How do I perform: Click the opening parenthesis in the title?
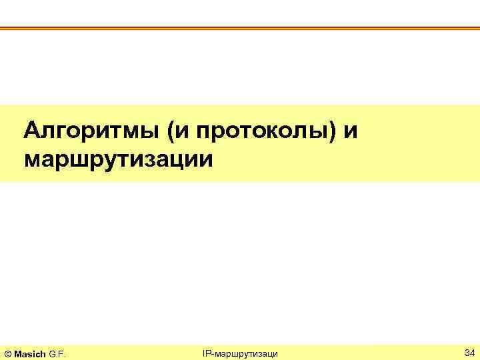(173, 131)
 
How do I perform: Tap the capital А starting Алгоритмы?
(31, 131)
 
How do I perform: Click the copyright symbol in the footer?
(8, 352)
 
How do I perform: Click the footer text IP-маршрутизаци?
(240, 352)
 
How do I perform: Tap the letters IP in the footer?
(207, 351)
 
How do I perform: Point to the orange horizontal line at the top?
(240, 28)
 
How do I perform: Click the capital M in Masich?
(19, 352)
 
